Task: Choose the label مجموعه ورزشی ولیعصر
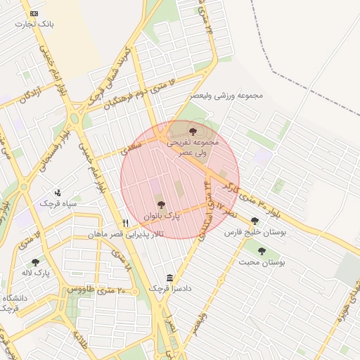tap(226, 95)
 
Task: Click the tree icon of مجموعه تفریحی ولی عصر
tap(193, 130)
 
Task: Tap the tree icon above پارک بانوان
tap(162, 205)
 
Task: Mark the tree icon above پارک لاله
tap(36, 263)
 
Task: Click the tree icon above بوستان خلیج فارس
tap(255, 221)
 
